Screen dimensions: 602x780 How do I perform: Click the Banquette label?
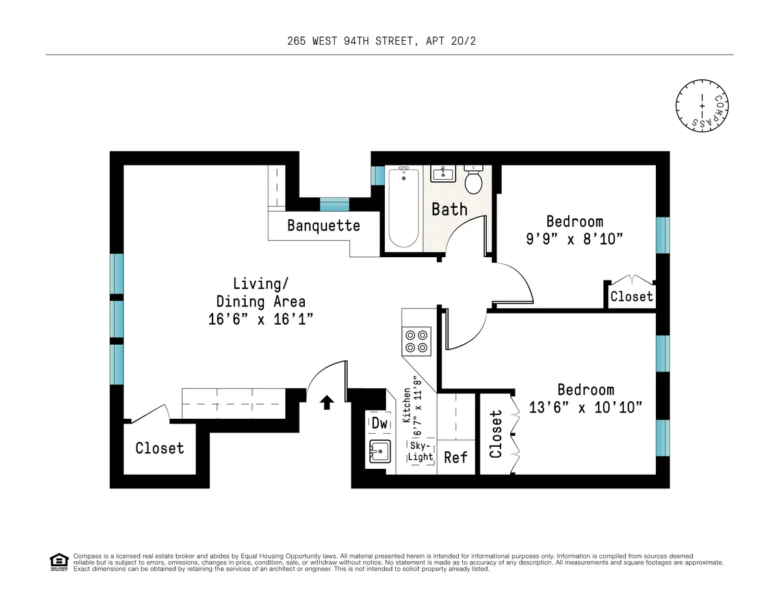click(x=324, y=226)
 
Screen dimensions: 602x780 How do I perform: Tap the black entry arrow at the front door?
click(x=327, y=403)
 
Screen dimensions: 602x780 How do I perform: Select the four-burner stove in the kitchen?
click(x=417, y=341)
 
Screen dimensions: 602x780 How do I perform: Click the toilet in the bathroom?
click(x=474, y=180)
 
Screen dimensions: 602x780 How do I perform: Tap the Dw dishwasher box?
click(x=380, y=423)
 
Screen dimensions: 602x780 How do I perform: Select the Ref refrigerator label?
click(x=456, y=457)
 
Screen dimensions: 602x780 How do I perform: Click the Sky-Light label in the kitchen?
click(x=421, y=451)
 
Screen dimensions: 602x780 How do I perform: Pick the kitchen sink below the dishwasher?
click(x=379, y=449)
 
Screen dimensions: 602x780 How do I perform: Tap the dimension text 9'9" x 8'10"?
click(x=575, y=238)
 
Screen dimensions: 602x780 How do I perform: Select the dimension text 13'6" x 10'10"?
click(x=586, y=407)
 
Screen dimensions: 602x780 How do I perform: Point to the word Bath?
click(x=450, y=209)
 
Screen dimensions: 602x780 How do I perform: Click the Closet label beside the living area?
click(x=160, y=448)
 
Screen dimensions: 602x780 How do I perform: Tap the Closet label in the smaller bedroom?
click(x=631, y=297)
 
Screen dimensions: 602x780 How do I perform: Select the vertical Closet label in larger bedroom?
click(x=497, y=434)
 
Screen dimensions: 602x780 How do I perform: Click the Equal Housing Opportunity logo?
click(x=58, y=562)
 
